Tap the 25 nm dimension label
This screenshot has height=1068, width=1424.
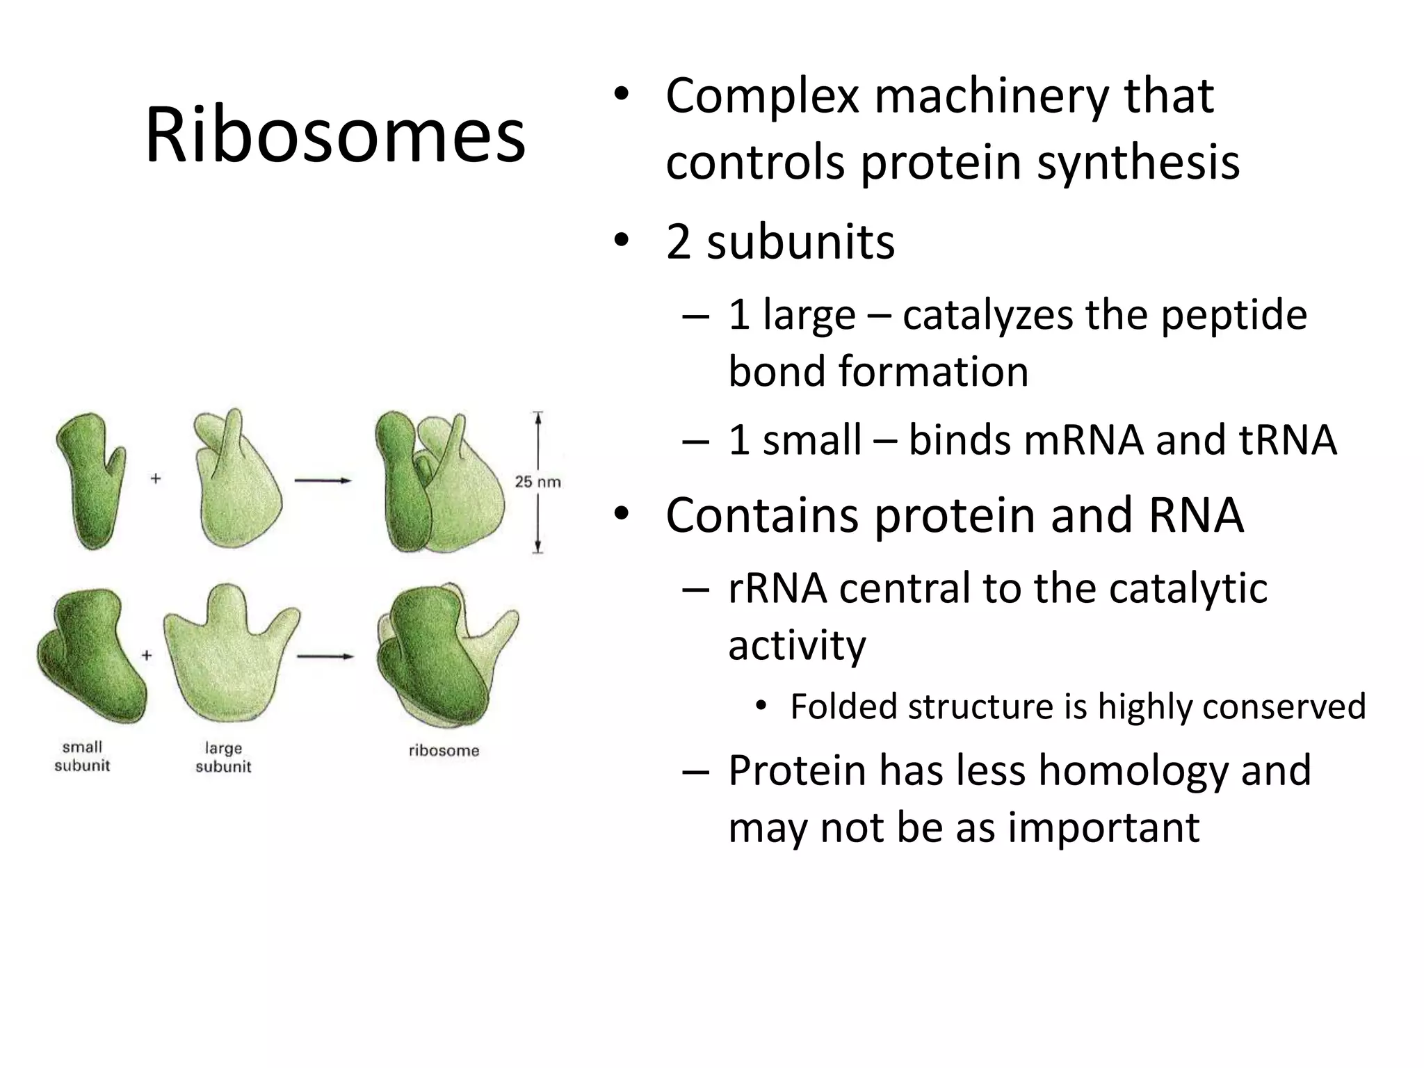click(537, 481)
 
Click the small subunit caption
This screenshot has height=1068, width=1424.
click(82, 756)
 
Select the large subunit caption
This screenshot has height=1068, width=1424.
click(223, 757)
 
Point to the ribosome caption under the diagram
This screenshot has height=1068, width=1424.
click(444, 750)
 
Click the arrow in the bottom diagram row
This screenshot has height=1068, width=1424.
click(325, 656)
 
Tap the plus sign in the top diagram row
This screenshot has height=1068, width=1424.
click(156, 478)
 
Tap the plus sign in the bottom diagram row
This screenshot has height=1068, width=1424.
click(147, 655)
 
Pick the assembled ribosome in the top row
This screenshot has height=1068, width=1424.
click(438, 483)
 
